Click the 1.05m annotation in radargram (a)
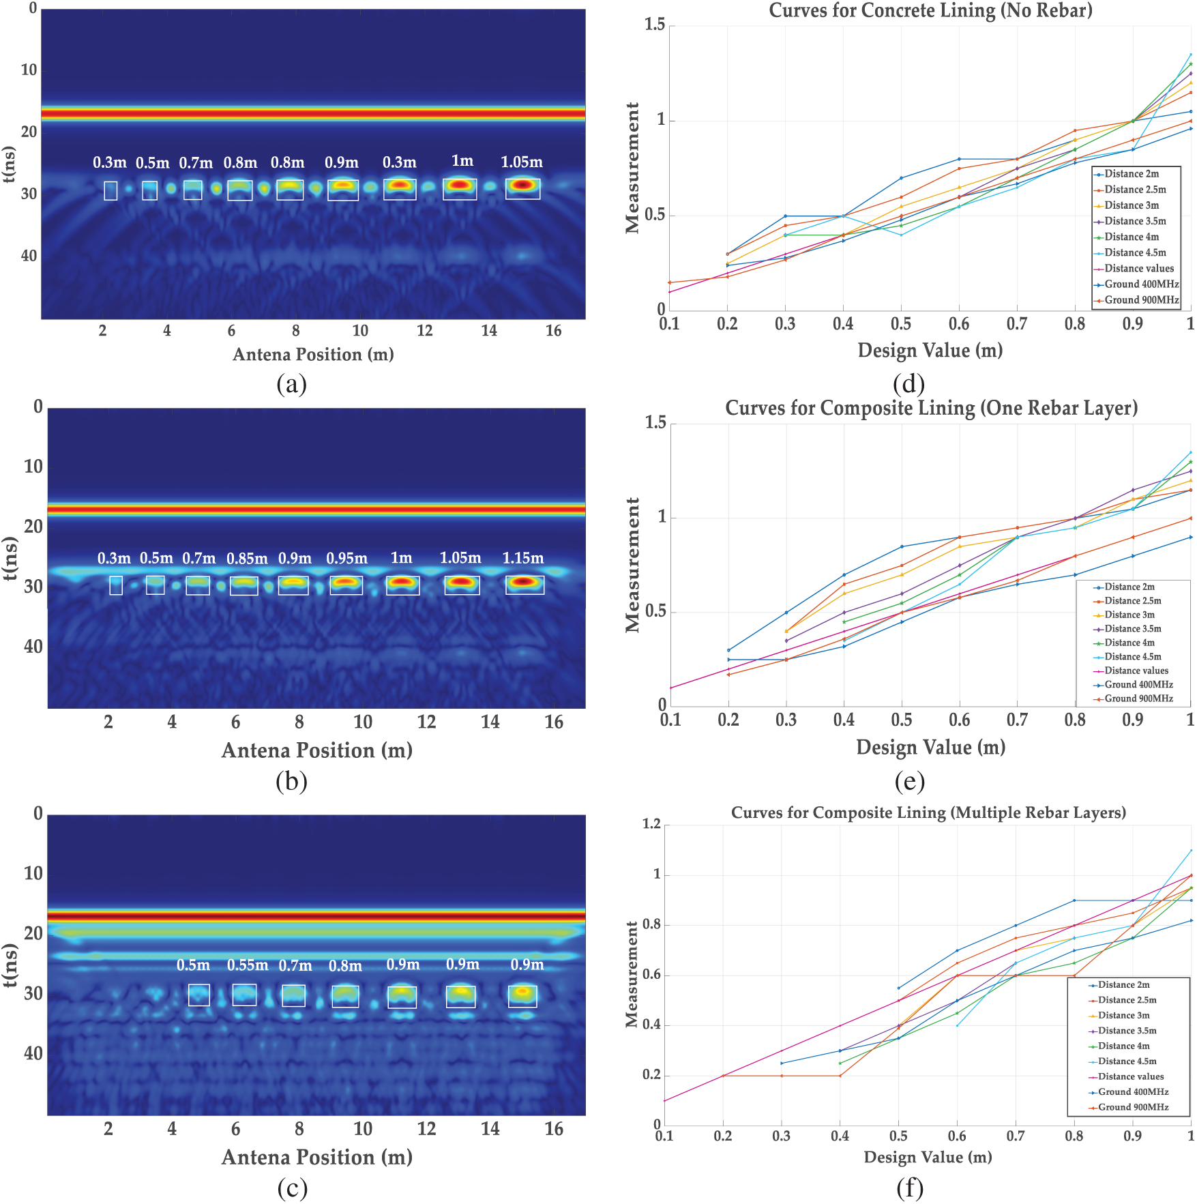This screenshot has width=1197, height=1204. point(522,162)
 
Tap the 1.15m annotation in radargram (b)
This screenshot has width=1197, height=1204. point(523,558)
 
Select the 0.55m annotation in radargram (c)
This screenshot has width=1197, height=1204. point(248,965)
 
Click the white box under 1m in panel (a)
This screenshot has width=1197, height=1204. point(460,189)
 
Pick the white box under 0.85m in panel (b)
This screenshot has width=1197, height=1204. point(244,586)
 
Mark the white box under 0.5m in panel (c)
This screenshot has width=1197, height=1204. point(199,995)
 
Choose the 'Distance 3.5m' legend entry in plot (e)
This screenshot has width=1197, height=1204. point(1133,629)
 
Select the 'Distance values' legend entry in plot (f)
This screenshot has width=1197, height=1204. point(1131,1076)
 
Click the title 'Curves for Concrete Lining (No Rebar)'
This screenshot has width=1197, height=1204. point(930,11)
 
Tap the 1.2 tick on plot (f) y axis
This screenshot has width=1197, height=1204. point(652,824)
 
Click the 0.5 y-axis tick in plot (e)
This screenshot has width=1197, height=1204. point(656,611)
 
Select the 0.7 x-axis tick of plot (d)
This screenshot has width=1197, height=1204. point(1016,324)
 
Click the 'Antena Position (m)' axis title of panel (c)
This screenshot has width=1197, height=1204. point(317,1158)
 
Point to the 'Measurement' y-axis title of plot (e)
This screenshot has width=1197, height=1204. point(633,565)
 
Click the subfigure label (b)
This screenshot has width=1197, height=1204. point(292,782)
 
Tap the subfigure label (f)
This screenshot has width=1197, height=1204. point(910,1189)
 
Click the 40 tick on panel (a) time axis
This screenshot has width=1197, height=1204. point(29,256)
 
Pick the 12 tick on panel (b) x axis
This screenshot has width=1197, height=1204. point(426,722)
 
